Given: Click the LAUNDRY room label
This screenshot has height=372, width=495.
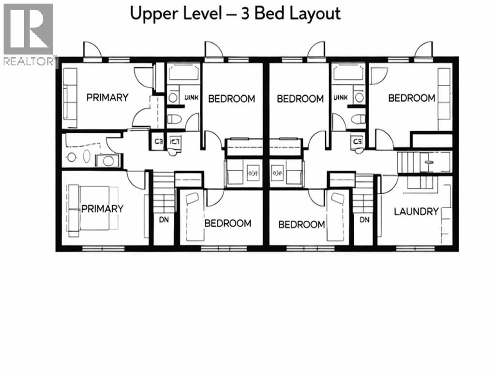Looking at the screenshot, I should pos(416,212).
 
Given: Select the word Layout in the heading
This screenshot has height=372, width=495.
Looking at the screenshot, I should pos(315,13).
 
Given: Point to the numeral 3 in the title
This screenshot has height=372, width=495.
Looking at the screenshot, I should pos(247,13).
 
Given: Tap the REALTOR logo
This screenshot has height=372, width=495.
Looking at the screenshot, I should pos(29,34).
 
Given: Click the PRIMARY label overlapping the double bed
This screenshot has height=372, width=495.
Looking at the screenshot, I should pos(102,209).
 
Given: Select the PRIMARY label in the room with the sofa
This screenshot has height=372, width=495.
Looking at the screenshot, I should pos(107,97).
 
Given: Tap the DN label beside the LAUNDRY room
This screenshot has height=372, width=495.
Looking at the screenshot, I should pos(364,219).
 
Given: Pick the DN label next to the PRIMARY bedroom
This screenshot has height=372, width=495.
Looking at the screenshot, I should pos(163,219).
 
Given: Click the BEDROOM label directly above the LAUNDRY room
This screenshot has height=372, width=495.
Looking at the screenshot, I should pos(411,98).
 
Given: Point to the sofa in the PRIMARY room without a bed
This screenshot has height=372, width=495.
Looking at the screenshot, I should pos(70,94).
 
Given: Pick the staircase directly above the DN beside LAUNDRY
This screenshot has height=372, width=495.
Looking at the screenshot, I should pos(362,194).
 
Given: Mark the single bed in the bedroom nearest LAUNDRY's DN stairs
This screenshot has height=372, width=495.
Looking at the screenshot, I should pos(336,216).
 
